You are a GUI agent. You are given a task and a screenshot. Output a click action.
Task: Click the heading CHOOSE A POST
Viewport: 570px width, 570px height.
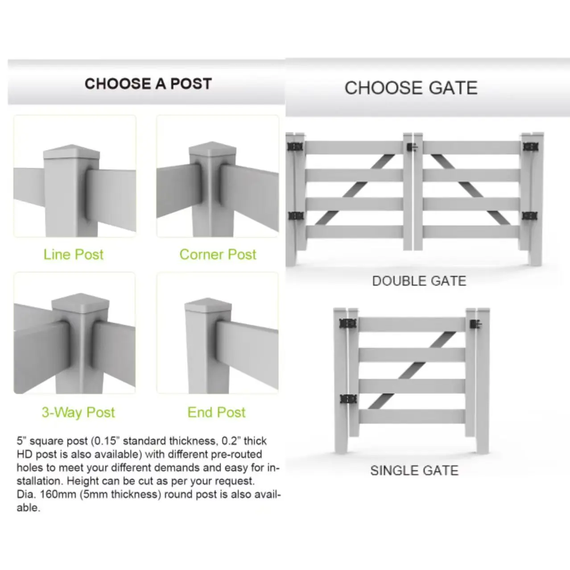pyautogui.click(x=148, y=84)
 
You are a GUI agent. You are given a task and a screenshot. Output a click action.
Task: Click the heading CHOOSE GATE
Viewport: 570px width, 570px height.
pyautogui.click(x=411, y=88)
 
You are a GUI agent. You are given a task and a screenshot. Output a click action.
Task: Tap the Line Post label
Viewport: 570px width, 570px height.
pyautogui.click(x=74, y=255)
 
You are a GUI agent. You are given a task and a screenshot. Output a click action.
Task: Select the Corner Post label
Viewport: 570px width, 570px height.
pyautogui.click(x=218, y=255)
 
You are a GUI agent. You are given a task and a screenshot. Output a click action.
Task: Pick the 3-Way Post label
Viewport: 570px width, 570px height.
pyautogui.click(x=78, y=413)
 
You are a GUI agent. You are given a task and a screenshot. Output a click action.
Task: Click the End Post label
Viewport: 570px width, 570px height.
pyautogui.click(x=216, y=413)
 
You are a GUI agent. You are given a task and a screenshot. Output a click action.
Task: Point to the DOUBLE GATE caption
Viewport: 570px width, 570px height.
pyautogui.click(x=419, y=281)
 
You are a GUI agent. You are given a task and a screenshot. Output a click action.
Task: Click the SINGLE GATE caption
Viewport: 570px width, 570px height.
pyautogui.click(x=414, y=471)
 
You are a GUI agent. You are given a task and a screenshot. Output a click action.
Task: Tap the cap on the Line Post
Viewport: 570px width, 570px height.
pyautogui.click(x=71, y=152)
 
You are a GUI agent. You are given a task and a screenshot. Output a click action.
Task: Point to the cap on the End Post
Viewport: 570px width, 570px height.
pyautogui.click(x=208, y=305)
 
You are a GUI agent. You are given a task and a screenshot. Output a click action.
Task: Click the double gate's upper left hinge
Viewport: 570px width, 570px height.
pyautogui.click(x=295, y=147)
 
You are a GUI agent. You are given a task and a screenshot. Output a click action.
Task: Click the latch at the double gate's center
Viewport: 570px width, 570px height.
pyautogui.click(x=412, y=147)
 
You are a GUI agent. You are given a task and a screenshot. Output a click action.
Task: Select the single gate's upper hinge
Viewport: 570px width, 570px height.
pyautogui.click(x=347, y=323)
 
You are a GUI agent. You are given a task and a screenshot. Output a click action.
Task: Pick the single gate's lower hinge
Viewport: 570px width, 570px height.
pyautogui.click(x=347, y=399)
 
